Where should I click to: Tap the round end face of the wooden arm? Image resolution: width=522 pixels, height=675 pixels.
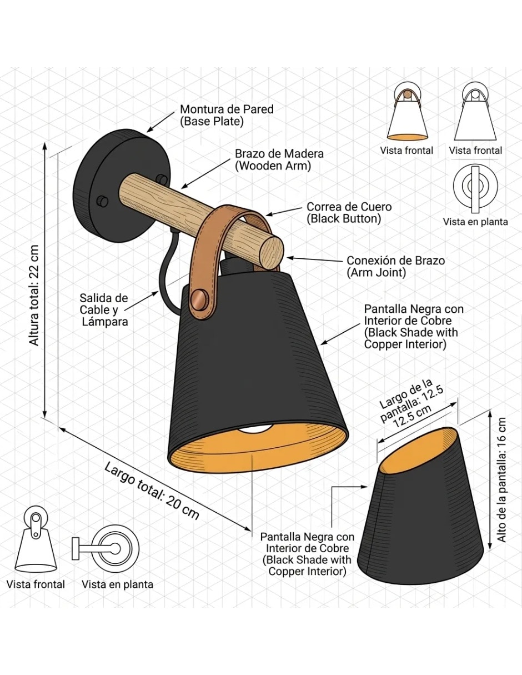pos(272,252)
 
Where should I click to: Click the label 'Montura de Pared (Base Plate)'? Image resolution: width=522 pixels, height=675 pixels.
pos(227,115)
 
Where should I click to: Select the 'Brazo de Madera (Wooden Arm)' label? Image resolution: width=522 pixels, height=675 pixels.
pos(279,159)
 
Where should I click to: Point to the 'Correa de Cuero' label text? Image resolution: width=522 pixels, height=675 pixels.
pos(349,207)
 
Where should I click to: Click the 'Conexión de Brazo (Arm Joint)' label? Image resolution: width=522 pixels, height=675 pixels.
pos(396,266)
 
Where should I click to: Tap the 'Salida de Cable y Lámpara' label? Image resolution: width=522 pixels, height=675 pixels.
pos(104,309)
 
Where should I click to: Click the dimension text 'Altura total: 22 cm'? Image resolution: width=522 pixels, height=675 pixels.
pos(34,295)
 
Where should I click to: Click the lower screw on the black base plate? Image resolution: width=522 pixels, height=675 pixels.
pos(102,201)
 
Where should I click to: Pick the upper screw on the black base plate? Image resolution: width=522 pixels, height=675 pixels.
pos(162,179)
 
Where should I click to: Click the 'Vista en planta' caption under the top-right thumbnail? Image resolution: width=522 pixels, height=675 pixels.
pos(475,222)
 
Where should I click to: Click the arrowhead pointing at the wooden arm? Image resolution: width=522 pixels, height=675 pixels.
pos(185,186)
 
